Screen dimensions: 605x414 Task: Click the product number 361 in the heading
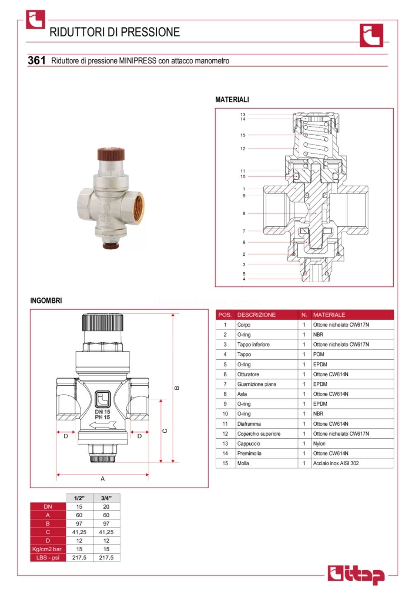(36, 60)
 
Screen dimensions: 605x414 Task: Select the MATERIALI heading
(232, 100)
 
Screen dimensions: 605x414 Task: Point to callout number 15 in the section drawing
(243, 135)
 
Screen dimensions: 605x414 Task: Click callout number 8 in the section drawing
(244, 214)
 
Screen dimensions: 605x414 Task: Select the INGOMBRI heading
(46, 301)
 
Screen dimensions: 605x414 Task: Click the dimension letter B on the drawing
(177, 388)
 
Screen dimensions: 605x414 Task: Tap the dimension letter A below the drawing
(103, 479)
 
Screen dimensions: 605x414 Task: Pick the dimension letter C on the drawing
(165, 431)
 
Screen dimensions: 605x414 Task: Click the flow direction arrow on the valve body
(102, 425)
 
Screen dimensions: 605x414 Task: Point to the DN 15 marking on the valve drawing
(102, 412)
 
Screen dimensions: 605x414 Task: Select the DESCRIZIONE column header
(256, 315)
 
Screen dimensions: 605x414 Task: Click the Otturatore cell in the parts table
(248, 375)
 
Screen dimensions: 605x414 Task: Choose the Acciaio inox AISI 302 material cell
(336, 463)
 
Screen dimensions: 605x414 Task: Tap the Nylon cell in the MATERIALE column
(319, 444)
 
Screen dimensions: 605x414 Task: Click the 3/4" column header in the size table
(106, 498)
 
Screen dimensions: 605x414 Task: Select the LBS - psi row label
(48, 558)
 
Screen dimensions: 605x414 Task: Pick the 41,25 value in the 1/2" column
(79, 532)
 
